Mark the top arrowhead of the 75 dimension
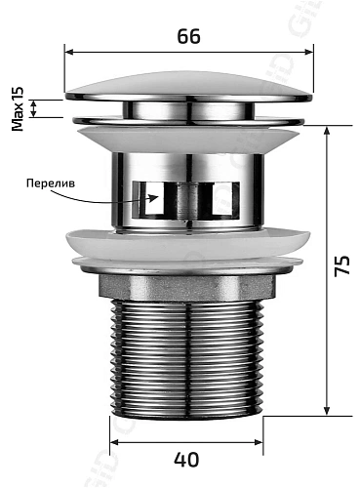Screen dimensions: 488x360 tap(325, 130)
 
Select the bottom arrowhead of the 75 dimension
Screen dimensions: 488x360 tap(325, 411)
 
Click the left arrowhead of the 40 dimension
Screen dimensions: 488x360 tap(110, 437)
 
